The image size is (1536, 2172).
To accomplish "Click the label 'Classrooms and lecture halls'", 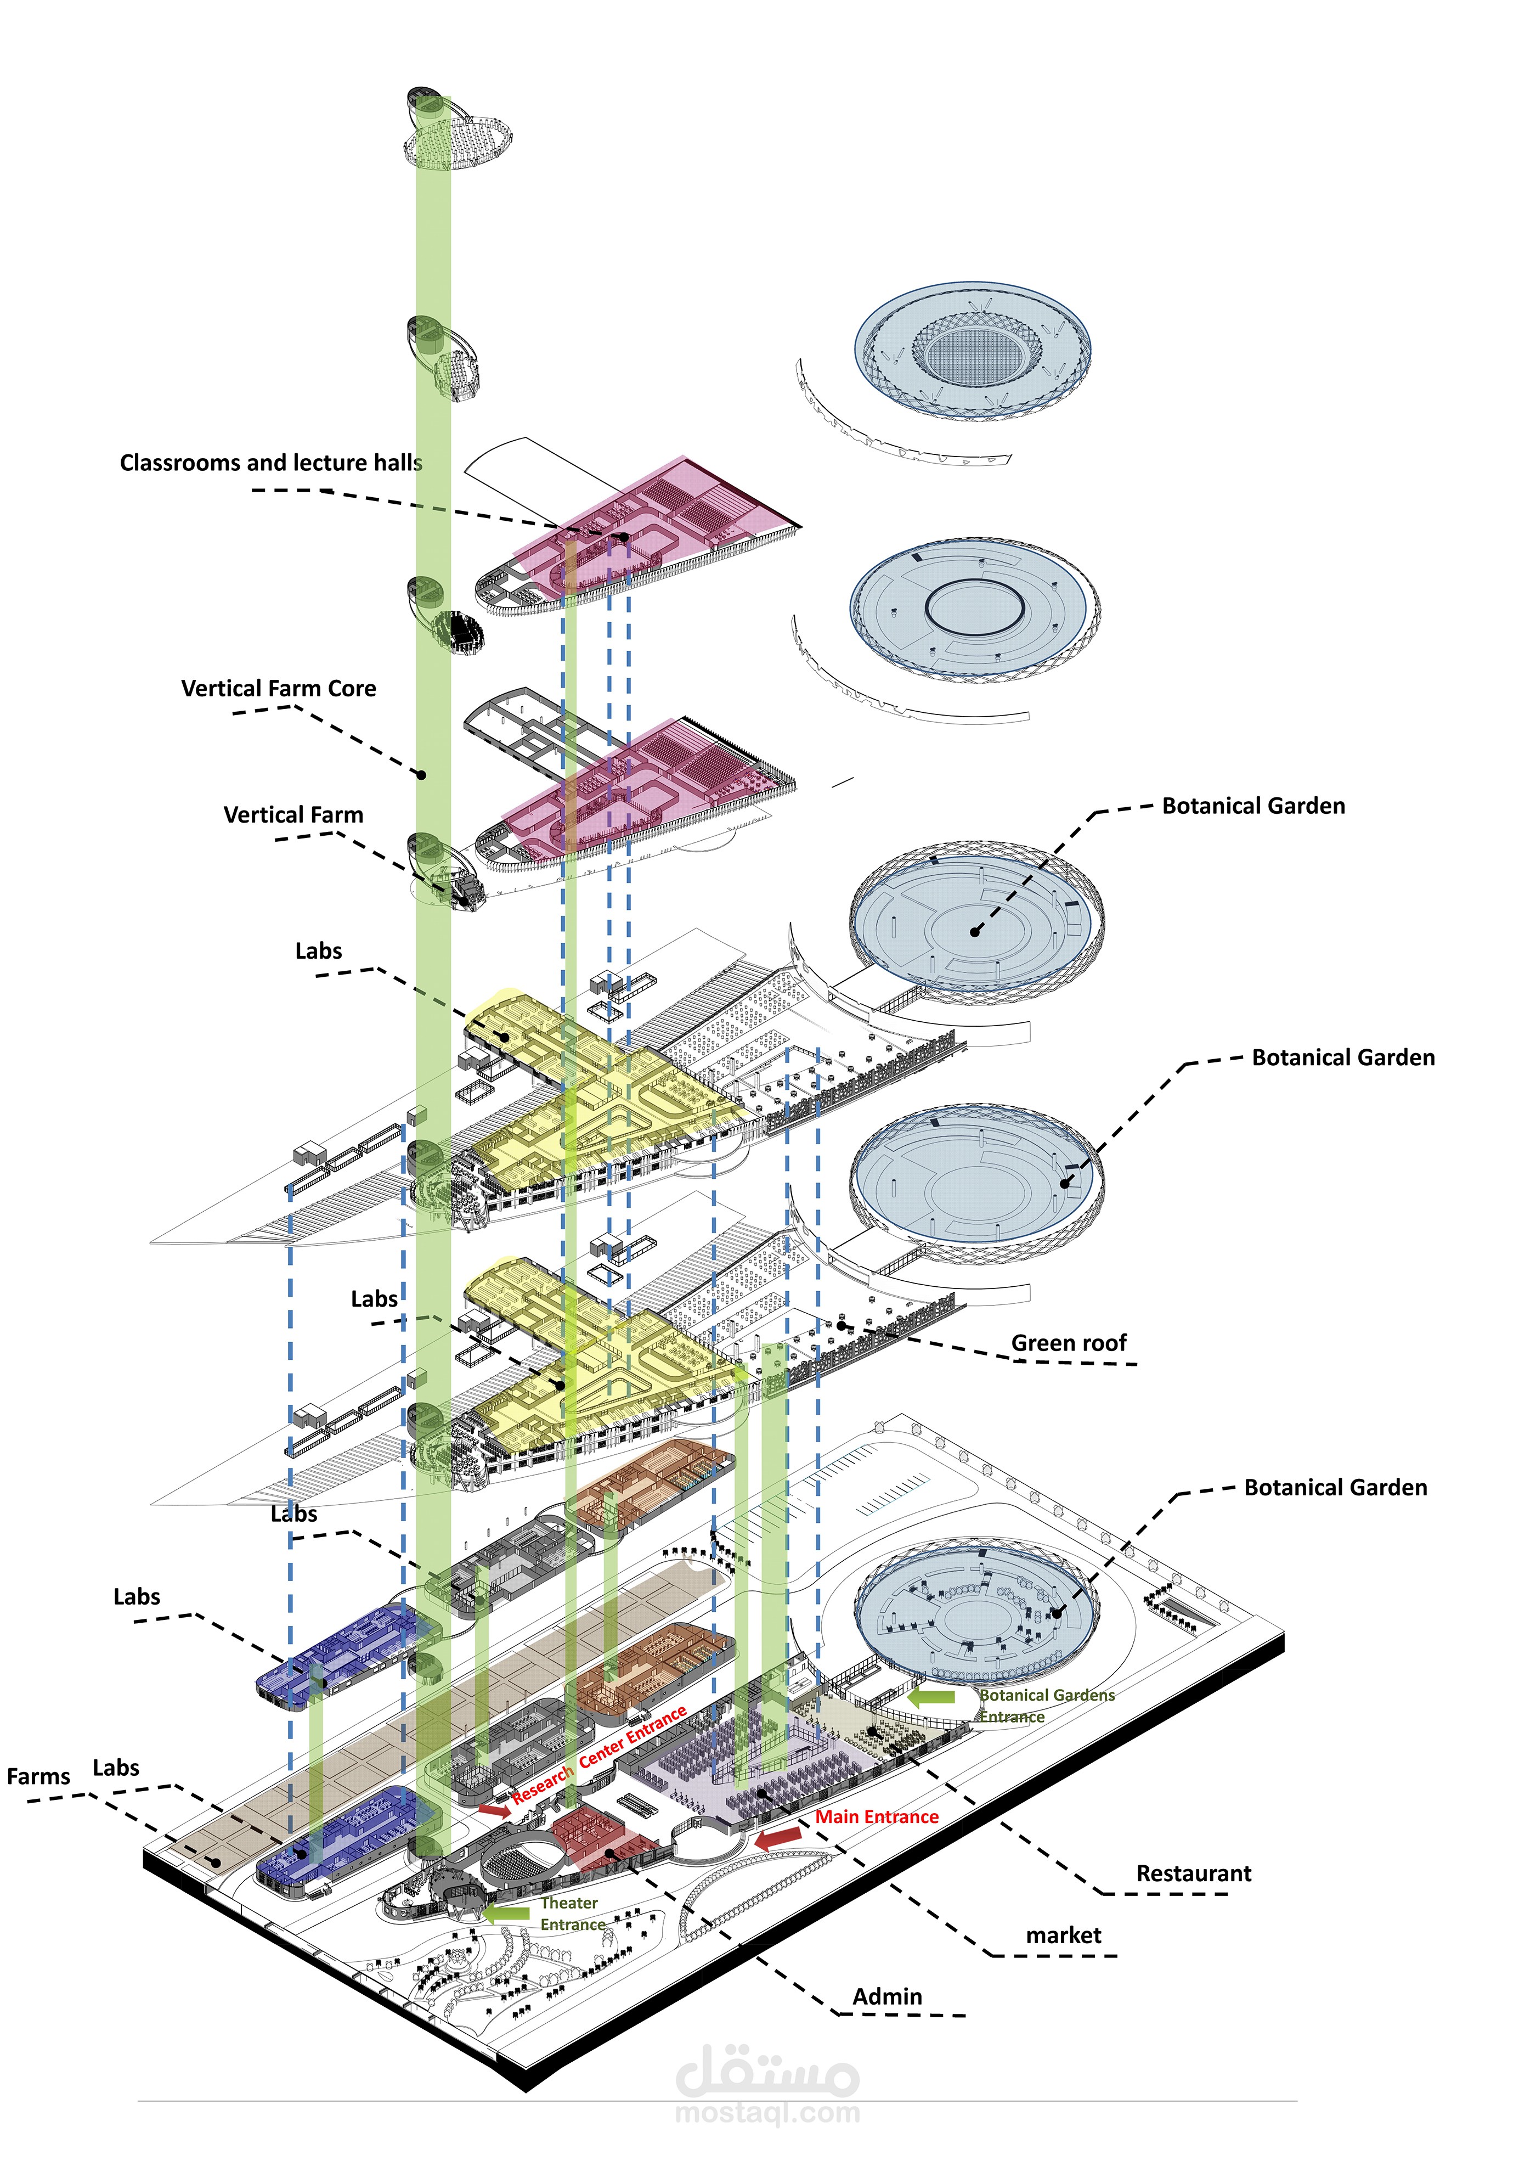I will tap(270, 463).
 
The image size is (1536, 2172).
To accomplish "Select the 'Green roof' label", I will tap(1069, 1343).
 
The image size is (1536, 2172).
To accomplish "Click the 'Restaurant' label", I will tap(1194, 1874).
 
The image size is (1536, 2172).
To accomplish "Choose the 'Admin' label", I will tap(887, 1997).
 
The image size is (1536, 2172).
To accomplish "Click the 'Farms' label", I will tap(39, 1776).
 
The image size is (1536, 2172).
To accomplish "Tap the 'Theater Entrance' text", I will tap(571, 1914).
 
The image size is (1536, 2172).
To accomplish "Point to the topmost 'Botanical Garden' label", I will tap(1253, 806).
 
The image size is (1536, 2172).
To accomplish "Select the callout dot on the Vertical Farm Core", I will tap(422, 775).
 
